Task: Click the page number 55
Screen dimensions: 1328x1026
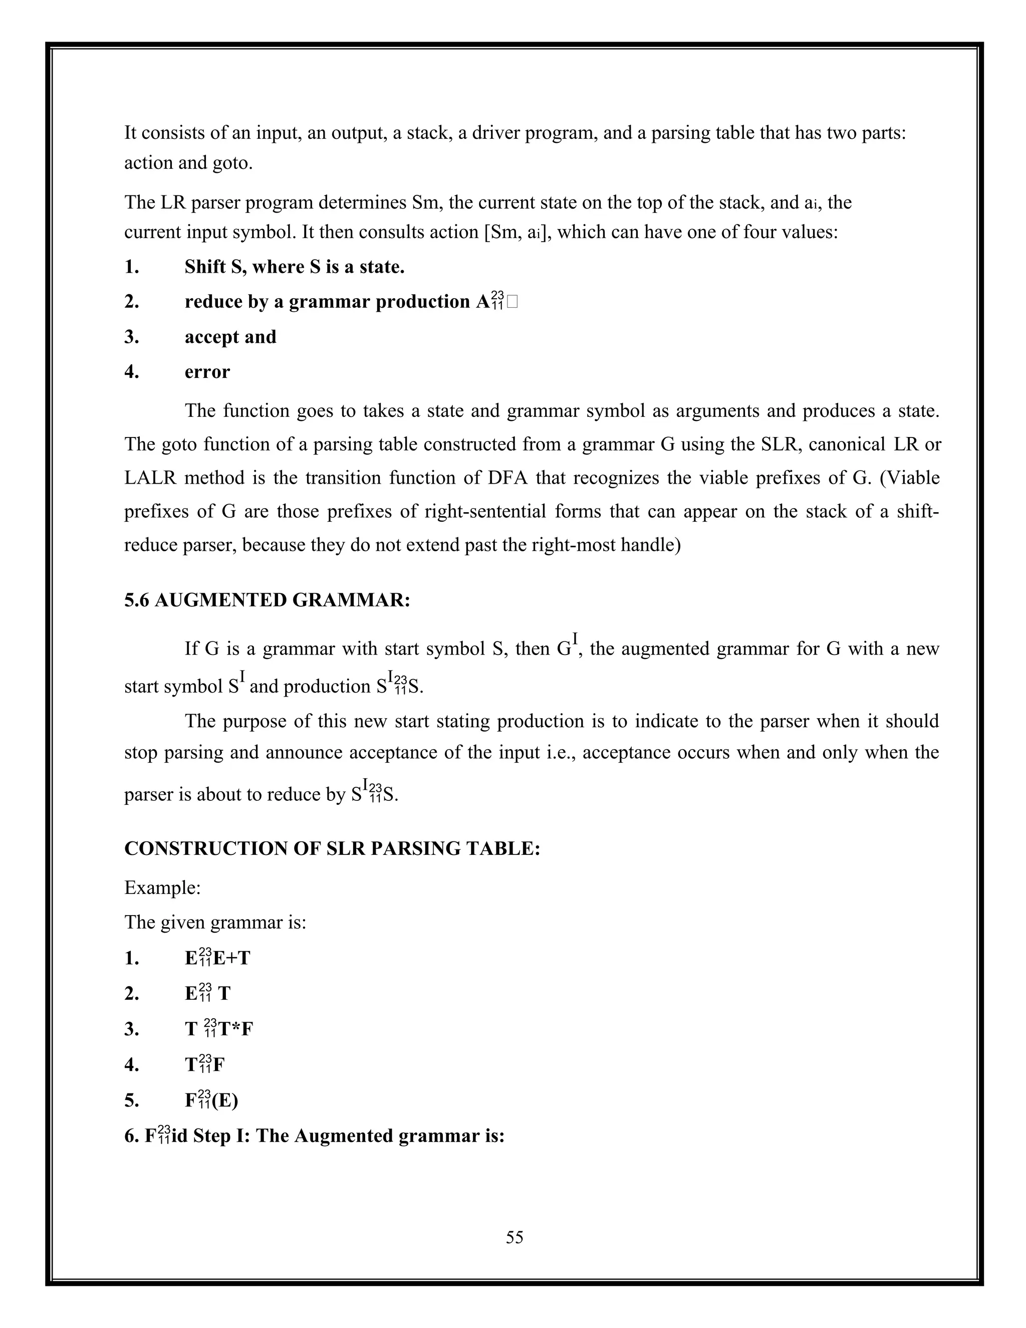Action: click(x=514, y=1237)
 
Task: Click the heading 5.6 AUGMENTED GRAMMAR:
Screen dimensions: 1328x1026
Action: click(x=268, y=600)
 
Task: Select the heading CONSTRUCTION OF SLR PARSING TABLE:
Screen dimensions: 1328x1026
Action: click(x=332, y=848)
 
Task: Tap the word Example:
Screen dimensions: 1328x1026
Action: click(x=162, y=888)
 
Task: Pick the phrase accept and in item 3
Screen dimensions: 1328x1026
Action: click(x=230, y=337)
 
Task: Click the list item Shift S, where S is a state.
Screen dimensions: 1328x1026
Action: click(x=294, y=267)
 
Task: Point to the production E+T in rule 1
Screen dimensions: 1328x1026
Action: click(x=231, y=958)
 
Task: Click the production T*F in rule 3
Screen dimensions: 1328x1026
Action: click(x=235, y=1029)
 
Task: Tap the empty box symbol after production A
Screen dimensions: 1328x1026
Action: click(x=512, y=302)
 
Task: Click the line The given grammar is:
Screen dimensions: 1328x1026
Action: click(x=215, y=923)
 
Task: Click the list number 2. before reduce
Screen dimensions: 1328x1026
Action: click(x=132, y=302)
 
